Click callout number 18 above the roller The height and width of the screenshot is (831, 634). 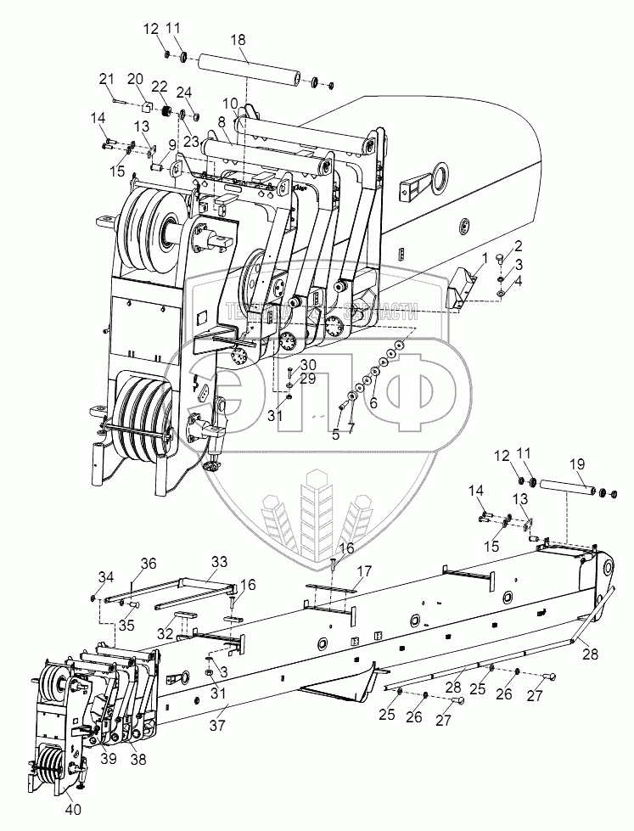coord(238,40)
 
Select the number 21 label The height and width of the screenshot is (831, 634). coord(106,80)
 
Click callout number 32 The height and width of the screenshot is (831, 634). coord(166,633)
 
